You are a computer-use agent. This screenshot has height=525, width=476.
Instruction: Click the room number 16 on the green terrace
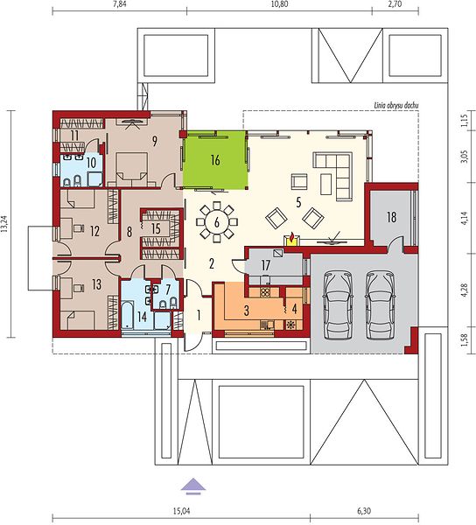point(215,160)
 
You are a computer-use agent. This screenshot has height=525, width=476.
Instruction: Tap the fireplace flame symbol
point(292,237)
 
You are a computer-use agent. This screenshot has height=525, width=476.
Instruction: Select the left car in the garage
point(338,304)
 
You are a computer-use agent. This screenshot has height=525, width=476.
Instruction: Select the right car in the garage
point(380,304)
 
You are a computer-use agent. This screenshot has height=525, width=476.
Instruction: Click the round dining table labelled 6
point(217,222)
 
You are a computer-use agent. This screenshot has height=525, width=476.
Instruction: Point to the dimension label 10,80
point(280,4)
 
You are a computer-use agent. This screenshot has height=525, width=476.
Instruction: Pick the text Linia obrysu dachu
point(396,106)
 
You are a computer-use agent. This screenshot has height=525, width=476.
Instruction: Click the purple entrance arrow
point(193,486)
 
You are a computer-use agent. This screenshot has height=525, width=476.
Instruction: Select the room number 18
point(391,217)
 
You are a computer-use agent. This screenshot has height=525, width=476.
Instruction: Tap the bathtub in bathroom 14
point(128,315)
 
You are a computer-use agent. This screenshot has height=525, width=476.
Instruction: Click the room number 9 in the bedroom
point(154,142)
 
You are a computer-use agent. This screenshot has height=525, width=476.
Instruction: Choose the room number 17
point(265,265)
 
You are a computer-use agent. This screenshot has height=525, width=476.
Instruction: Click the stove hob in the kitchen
point(265,292)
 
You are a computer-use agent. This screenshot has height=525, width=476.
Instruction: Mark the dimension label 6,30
point(364,511)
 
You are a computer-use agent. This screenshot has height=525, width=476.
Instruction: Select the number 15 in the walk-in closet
point(156,228)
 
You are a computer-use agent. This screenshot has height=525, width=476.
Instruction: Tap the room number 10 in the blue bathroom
point(91,163)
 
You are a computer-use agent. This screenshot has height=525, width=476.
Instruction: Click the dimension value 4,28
point(464,290)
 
